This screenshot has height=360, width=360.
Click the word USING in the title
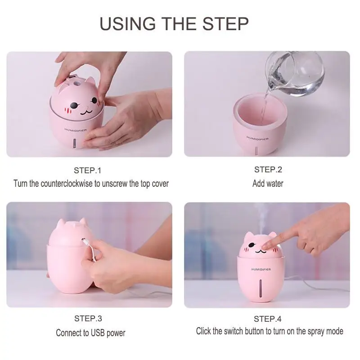[x=128, y=24]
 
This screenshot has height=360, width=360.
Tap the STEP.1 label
[x=87, y=171]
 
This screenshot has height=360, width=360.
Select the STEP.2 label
[x=268, y=170]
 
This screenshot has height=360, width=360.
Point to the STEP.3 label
[x=88, y=319]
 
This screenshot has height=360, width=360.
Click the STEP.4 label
[x=267, y=319]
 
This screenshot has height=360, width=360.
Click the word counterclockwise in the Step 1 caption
[x=67, y=184]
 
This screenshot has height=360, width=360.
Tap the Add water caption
[x=268, y=184]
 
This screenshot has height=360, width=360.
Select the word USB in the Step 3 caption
[x=98, y=333]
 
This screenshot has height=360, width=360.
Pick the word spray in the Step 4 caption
[x=316, y=332]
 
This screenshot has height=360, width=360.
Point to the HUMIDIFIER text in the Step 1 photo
[x=76, y=130]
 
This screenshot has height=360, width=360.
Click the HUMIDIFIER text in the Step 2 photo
[x=257, y=138]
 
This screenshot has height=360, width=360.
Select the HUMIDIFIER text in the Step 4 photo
[x=261, y=269]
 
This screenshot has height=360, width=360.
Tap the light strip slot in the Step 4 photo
[x=261, y=288]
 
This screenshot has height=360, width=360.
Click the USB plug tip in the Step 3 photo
[x=83, y=241]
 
